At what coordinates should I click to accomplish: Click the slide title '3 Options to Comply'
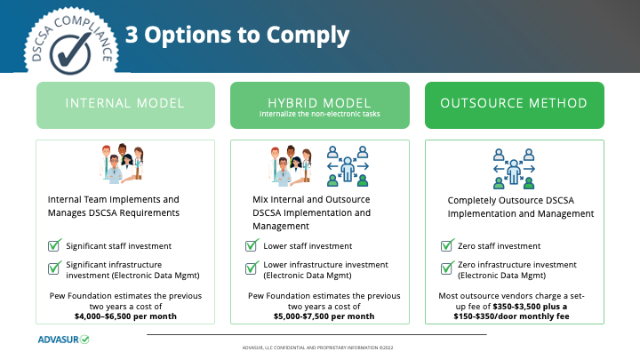pyautogui.click(x=237, y=35)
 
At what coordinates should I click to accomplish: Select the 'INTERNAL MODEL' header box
pyautogui.click(x=124, y=103)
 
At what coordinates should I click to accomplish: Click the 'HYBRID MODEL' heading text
pyautogui.click(x=319, y=101)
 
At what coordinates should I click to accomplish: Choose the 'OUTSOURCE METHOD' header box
pyautogui.click(x=514, y=103)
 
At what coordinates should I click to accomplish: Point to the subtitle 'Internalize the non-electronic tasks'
pyautogui.click(x=319, y=115)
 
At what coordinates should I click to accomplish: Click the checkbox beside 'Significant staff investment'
pyautogui.click(x=53, y=245)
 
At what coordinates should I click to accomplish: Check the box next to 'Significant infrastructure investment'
pyautogui.click(x=53, y=267)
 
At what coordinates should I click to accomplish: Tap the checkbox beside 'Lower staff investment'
pyautogui.click(x=251, y=245)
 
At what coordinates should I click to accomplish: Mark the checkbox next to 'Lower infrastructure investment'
pyautogui.click(x=251, y=267)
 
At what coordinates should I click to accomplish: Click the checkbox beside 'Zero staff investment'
pyautogui.click(x=447, y=245)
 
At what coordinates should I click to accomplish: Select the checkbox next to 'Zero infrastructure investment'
pyautogui.click(x=447, y=267)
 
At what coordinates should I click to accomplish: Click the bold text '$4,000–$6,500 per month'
pyautogui.click(x=125, y=316)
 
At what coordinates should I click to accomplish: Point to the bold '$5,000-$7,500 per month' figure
pyautogui.click(x=324, y=316)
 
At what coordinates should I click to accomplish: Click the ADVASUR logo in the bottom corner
pyautogui.click(x=63, y=339)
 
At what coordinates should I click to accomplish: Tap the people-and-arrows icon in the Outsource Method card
pyautogui.click(x=513, y=167)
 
